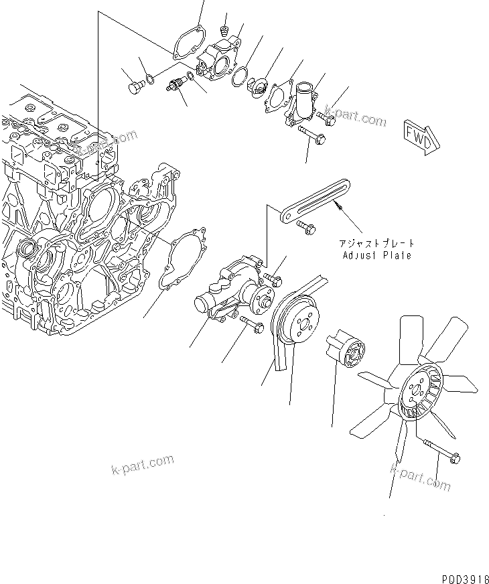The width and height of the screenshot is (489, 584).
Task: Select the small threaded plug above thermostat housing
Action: [x=225, y=29]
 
